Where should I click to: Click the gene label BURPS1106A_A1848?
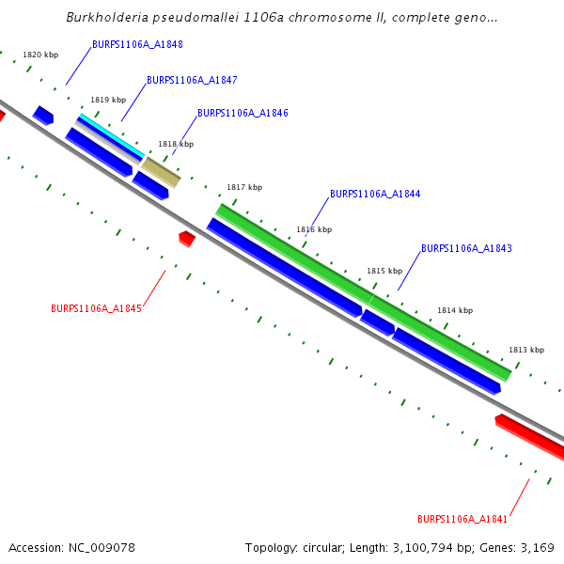tap(137, 45)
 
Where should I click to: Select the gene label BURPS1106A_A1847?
tap(192, 81)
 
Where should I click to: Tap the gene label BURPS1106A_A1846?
tap(243, 113)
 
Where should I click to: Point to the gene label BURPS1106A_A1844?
tap(375, 195)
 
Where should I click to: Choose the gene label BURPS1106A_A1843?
tap(466, 249)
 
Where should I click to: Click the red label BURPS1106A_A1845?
tap(96, 308)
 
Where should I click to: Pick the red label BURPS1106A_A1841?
tap(462, 519)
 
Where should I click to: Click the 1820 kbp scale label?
tap(40, 55)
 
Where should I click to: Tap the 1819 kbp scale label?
tap(108, 100)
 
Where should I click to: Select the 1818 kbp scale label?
tap(176, 144)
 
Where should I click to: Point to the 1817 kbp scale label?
tap(244, 187)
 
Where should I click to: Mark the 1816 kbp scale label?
tap(314, 229)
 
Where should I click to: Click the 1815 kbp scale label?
tap(384, 270)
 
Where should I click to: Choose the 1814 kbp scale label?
tap(455, 310)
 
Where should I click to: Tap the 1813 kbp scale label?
tap(526, 350)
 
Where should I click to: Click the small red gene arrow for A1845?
tap(187, 238)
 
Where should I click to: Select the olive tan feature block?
tap(160, 171)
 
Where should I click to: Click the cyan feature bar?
tap(111, 135)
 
